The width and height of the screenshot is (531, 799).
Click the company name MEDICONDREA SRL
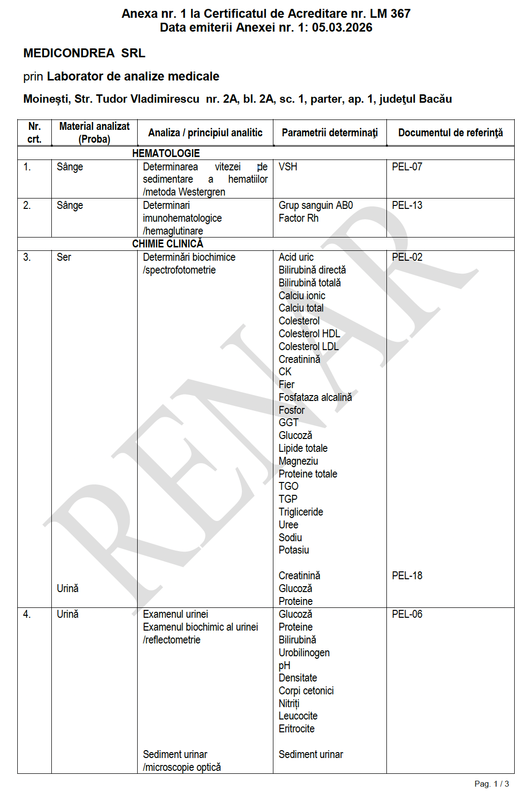[84, 53]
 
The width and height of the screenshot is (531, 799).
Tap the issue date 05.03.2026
[342, 28]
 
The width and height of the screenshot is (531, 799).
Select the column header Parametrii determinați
[330, 133]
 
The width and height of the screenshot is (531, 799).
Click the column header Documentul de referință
[450, 133]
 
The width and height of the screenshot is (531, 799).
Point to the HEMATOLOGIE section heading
[166, 154]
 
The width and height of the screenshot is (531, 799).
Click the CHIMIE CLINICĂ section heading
[167, 244]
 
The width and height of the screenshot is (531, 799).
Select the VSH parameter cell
[288, 167]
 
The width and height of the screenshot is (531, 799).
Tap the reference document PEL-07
[407, 167]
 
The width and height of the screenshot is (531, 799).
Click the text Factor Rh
[299, 218]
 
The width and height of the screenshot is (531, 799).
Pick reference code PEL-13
[407, 205]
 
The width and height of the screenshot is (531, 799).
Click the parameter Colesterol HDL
[309, 334]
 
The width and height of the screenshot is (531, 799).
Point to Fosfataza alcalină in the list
[315, 398]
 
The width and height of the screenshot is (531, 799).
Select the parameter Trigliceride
[301, 512]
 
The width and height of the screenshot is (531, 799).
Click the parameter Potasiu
[294, 550]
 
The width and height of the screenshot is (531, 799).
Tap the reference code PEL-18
[407, 576]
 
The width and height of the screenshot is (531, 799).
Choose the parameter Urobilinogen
[304, 653]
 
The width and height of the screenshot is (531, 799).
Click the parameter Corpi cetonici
[306, 691]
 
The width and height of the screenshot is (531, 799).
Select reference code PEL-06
[407, 614]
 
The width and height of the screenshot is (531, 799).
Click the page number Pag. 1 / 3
[492, 784]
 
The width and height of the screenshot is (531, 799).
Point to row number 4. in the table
[27, 614]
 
